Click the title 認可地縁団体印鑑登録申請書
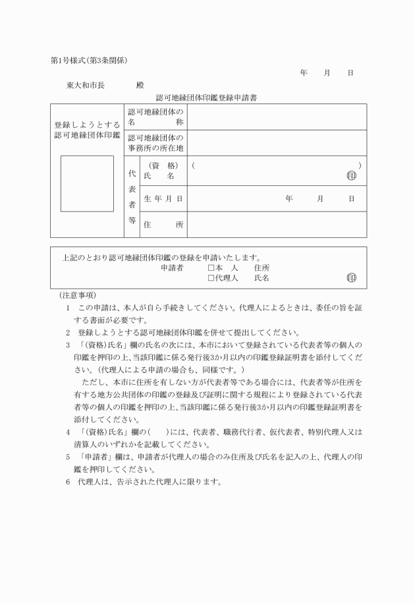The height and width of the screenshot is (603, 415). click(x=202, y=98)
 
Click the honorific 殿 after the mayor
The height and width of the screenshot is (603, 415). click(x=140, y=85)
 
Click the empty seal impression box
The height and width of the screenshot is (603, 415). click(x=87, y=183)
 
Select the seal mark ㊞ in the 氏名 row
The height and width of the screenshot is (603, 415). click(x=350, y=176)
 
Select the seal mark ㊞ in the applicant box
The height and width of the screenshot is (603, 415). click(x=350, y=278)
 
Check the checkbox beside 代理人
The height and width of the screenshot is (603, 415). click(x=211, y=278)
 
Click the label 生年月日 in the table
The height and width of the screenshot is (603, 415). click(x=163, y=198)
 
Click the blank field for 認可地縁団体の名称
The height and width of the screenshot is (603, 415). click(x=277, y=117)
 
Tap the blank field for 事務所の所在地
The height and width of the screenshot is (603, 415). click(x=277, y=142)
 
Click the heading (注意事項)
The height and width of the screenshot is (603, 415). click(x=77, y=295)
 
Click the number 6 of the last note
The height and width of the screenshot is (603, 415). click(x=67, y=482)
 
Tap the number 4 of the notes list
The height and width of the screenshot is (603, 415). click(x=67, y=432)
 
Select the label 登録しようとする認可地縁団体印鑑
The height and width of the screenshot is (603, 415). click(x=87, y=130)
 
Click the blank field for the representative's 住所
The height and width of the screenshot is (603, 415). click(x=277, y=225)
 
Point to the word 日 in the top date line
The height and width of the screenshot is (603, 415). click(x=350, y=72)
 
